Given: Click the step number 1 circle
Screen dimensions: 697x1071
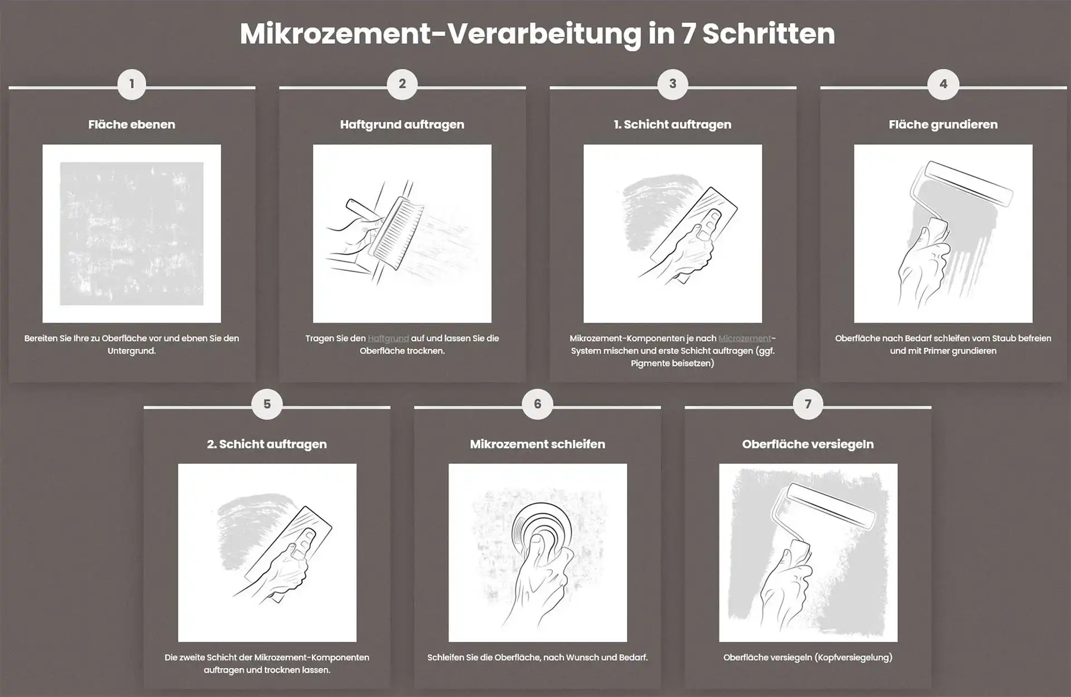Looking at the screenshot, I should (x=132, y=84).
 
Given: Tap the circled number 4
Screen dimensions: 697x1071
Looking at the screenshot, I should (x=943, y=84).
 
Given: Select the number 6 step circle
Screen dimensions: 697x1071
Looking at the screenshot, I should (x=537, y=404).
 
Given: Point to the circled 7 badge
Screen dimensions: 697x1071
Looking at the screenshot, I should (x=808, y=404).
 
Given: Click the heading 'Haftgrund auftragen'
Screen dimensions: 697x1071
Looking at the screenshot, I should (x=402, y=124).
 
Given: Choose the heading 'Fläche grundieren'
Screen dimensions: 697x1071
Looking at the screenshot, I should (x=943, y=124).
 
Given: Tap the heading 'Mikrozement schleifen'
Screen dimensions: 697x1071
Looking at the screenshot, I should (x=537, y=444).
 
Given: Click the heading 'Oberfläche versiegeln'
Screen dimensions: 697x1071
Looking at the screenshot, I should (x=808, y=444).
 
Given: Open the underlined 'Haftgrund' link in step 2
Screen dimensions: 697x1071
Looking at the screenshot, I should (x=388, y=338).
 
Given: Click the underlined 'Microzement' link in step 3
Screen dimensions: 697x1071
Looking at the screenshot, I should (x=745, y=338).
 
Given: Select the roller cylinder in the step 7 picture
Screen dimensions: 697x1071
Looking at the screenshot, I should (x=823, y=505).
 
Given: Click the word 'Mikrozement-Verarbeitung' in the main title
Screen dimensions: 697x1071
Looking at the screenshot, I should (x=441, y=34).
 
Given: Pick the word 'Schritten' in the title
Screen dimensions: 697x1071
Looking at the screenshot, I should (x=768, y=34).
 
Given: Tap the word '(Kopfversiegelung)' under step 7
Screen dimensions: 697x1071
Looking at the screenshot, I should (x=853, y=657).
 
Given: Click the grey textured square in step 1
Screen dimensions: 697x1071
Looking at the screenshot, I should (x=132, y=234).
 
